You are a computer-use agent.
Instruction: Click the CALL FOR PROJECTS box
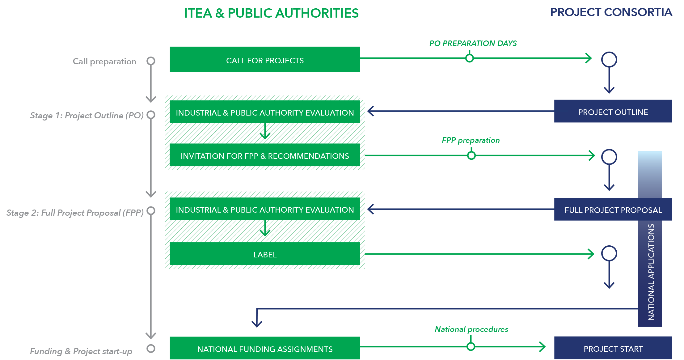point(265,60)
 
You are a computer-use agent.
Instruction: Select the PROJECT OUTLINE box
point(613,112)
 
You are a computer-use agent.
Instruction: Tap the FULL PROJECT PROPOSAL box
point(613,210)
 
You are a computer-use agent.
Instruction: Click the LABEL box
point(265,254)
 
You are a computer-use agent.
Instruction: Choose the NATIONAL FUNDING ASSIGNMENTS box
point(265,349)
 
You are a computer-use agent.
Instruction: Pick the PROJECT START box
point(613,349)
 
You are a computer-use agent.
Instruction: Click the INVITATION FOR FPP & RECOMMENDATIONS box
point(265,155)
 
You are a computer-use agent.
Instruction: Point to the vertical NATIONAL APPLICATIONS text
point(651,272)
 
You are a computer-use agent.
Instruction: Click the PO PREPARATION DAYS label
point(473,43)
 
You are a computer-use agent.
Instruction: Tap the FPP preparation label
point(470,140)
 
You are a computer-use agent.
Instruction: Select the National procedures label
point(471,329)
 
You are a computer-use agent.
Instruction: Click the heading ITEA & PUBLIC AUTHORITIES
point(271,14)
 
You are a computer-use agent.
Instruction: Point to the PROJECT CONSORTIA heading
point(611,13)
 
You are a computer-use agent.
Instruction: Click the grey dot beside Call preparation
point(151,61)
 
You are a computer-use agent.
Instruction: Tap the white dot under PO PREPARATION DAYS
point(469,58)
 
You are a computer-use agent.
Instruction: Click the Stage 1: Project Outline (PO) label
point(87,115)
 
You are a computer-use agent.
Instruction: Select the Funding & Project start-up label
point(81,351)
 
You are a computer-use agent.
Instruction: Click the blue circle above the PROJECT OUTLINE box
point(609,59)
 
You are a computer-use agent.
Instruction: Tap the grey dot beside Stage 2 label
point(151,211)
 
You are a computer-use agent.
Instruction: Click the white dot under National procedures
point(471,347)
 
